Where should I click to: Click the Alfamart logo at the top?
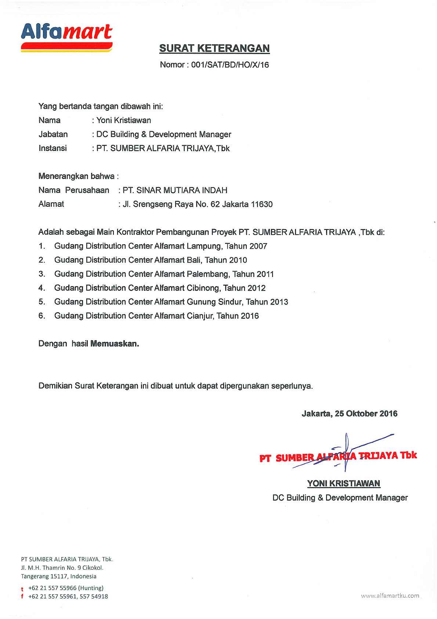click(66, 37)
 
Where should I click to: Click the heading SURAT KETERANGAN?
click(214, 48)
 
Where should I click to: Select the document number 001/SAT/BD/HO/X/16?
click(230, 65)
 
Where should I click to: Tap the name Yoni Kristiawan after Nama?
click(124, 120)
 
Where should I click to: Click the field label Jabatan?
click(53, 134)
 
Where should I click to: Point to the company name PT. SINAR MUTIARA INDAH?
click(175, 190)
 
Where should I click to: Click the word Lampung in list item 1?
click(204, 246)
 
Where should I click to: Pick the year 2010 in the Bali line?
click(238, 260)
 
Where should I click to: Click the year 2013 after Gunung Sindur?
click(279, 302)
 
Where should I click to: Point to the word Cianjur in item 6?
click(200, 316)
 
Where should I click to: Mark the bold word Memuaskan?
click(115, 344)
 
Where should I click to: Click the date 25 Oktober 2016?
click(366, 413)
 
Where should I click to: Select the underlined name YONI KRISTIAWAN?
click(344, 483)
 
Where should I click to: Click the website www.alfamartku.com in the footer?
click(390, 595)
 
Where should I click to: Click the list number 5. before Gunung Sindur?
click(42, 302)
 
